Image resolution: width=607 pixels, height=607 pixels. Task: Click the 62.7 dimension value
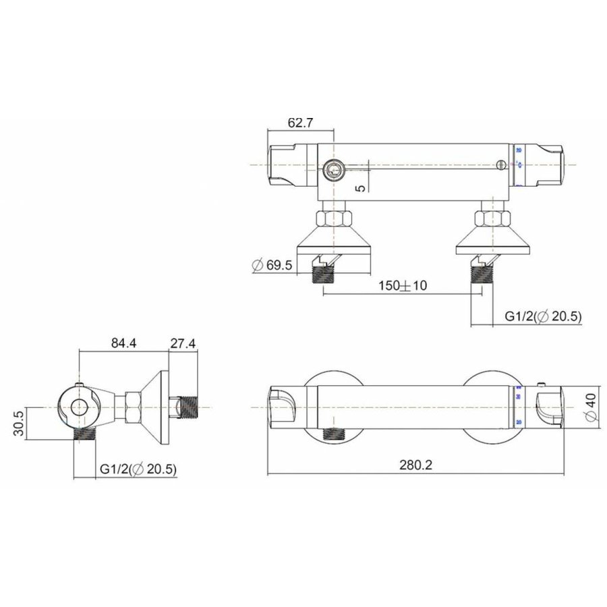coord(301,123)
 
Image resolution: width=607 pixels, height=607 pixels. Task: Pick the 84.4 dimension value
coord(123,343)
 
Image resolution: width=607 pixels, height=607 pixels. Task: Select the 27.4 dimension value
coord(183,343)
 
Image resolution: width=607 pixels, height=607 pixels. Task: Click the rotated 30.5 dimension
coord(19,424)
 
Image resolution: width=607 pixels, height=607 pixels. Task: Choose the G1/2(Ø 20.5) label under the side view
coord(138,469)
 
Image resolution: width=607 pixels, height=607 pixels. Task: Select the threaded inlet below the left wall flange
coord(324,274)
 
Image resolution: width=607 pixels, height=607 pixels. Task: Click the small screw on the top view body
coord(500,164)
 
